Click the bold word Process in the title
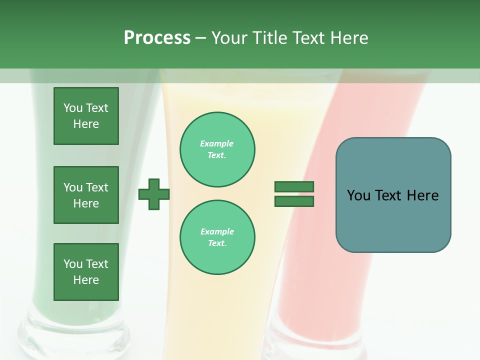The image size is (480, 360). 157,38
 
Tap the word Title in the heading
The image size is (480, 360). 270,38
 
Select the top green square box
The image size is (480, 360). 86,116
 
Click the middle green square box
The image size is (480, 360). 86,195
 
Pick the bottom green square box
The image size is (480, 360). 86,272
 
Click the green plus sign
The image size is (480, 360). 154,194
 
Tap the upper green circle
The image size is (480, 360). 217,149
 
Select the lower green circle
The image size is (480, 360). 217,237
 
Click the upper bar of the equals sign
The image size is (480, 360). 294,186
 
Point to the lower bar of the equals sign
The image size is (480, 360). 294,201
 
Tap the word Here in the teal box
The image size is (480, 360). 422,195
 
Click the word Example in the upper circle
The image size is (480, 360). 217,143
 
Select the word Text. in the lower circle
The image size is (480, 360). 217,243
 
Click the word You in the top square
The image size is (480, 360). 73,108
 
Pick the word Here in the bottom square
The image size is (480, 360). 86,280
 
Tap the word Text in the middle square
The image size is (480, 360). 96,187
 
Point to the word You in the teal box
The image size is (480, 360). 358,195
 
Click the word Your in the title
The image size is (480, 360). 229,38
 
